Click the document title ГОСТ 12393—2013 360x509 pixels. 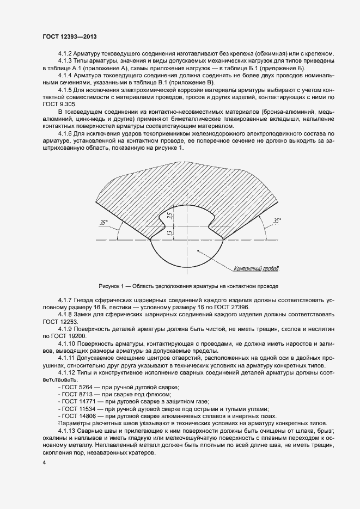[x=69, y=37]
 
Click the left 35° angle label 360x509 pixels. [x=103, y=222]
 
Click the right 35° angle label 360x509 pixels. [x=277, y=221]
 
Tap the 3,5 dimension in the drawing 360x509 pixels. [x=170, y=216]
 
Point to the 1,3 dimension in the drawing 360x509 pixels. [x=170, y=233]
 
